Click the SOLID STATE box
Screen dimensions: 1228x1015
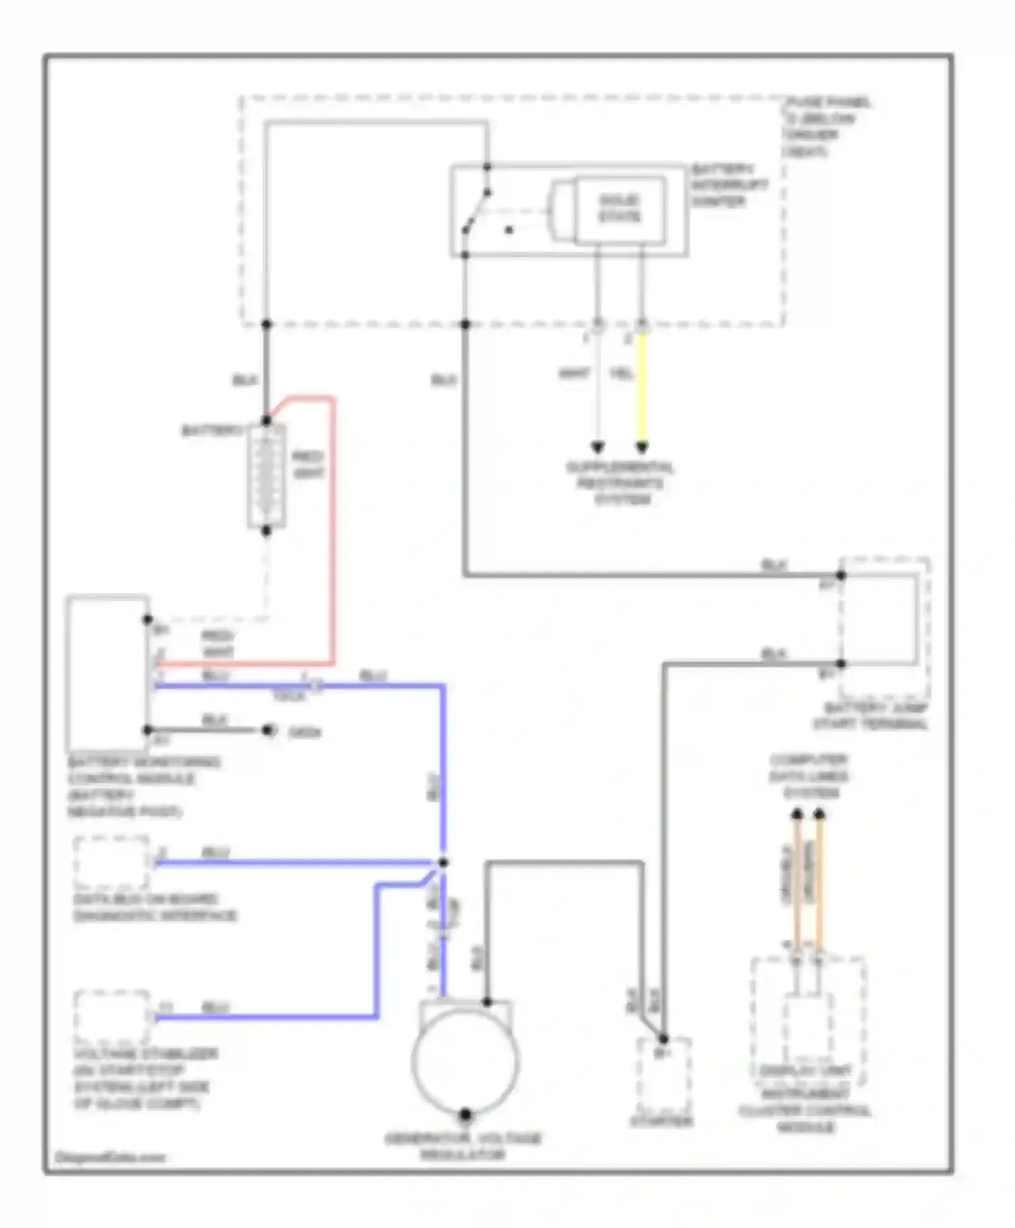click(619, 209)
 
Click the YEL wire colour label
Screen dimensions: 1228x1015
click(621, 373)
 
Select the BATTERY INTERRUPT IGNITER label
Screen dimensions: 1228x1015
click(729, 185)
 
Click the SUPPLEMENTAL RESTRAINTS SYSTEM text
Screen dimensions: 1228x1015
click(620, 483)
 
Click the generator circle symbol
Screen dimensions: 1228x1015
click(466, 1061)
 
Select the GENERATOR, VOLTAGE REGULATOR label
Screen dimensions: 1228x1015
click(464, 1146)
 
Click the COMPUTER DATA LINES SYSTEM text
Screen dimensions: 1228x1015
click(809, 776)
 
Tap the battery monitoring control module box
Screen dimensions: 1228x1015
click(107, 673)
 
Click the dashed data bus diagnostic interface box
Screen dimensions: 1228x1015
click(112, 862)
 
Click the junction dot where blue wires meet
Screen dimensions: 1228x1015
click(443, 862)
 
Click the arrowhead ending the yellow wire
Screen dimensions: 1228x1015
click(642, 447)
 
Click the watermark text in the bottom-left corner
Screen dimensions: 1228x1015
click(110, 1157)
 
